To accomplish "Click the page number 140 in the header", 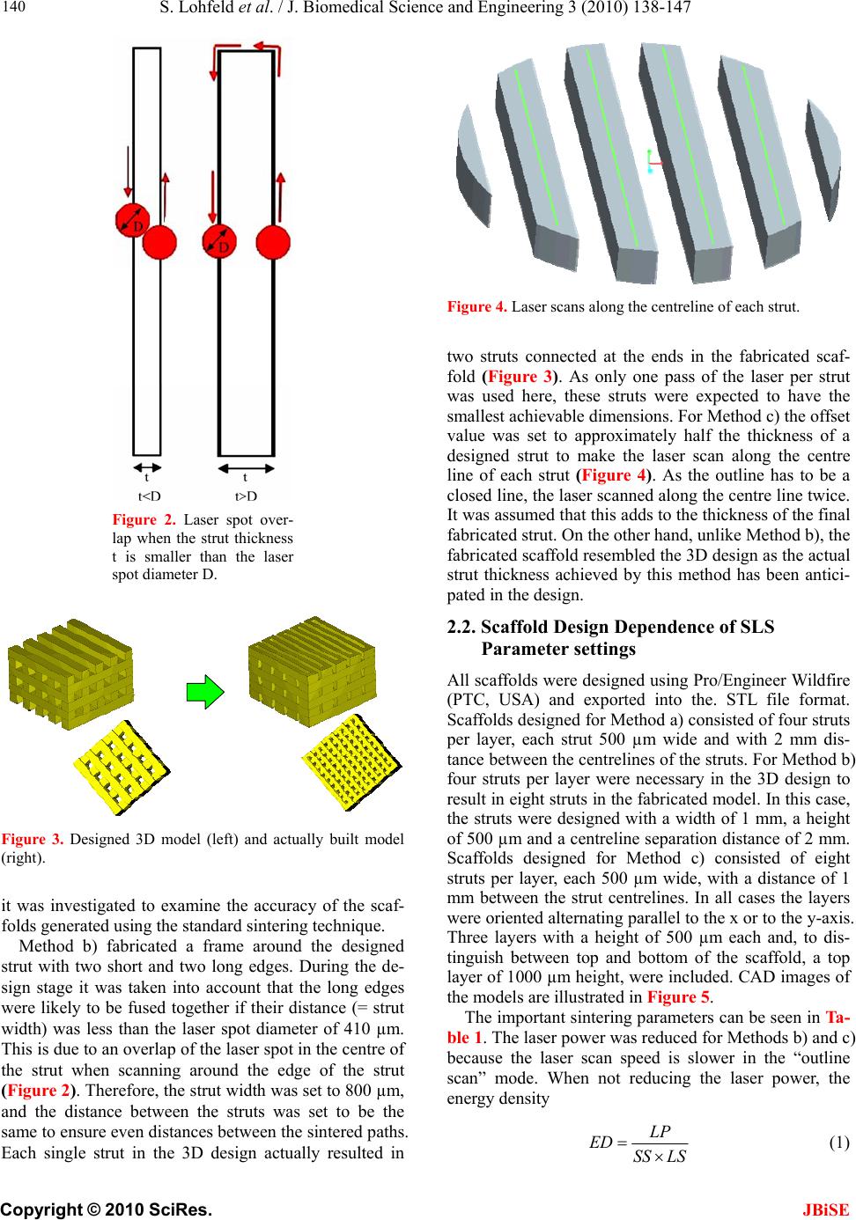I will pos(15,9).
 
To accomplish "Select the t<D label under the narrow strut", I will pos(149,496).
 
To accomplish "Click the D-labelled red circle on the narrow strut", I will pos(132,220).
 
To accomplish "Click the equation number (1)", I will pos(838,1143).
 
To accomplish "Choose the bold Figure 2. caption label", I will pos(136,519).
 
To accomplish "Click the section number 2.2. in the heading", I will pos(461,628).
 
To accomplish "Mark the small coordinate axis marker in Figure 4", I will pos(652,160).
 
